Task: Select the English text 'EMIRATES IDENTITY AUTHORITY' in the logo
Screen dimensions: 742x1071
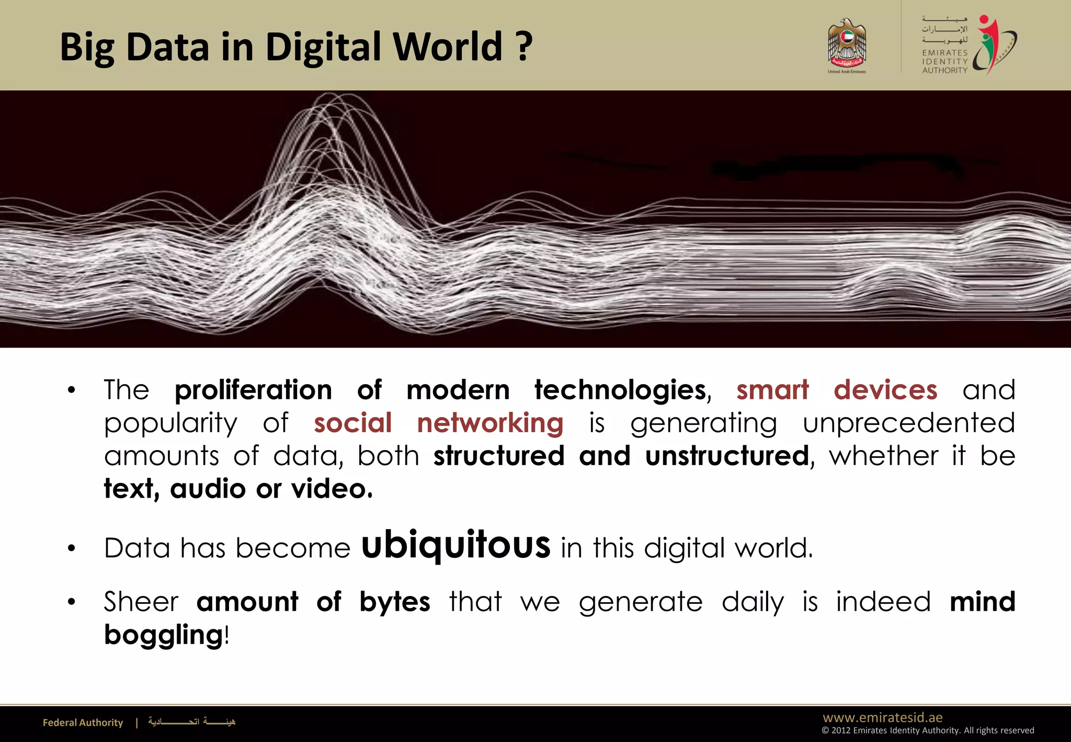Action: point(944,61)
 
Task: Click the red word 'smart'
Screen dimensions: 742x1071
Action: point(772,390)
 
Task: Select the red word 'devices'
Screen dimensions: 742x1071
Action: point(885,390)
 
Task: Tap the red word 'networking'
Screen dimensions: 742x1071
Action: point(490,423)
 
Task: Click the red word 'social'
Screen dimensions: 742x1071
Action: point(352,423)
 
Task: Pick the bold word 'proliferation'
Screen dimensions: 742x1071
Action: point(253,390)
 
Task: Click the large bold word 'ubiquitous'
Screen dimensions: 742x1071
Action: point(455,545)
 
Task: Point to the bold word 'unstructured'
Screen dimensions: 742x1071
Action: point(727,456)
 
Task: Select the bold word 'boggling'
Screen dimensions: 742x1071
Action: point(164,636)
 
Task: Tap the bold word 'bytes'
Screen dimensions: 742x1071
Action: point(395,602)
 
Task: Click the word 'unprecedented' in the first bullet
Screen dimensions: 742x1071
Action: point(909,423)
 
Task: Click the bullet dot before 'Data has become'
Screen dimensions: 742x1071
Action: point(72,549)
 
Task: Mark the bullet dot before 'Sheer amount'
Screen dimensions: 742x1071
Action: point(72,603)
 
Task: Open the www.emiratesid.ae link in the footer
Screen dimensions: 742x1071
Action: point(883,717)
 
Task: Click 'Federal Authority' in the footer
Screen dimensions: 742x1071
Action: point(83,723)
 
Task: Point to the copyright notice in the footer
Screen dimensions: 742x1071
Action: point(928,730)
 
